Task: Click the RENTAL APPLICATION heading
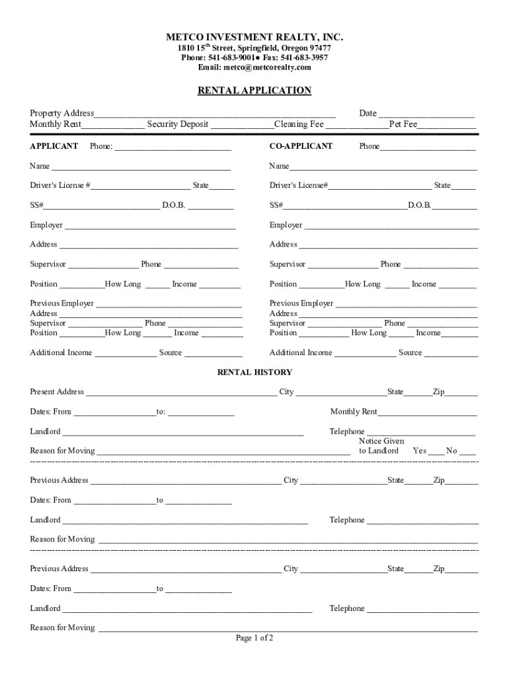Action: tap(255, 91)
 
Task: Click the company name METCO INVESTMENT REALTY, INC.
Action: tap(255, 37)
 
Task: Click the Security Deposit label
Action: tap(178, 124)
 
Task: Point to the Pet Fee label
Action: tap(403, 124)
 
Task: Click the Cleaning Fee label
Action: tap(299, 124)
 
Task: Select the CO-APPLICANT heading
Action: tap(301, 146)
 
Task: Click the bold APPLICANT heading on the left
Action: tap(54, 146)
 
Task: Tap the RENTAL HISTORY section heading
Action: tap(255, 372)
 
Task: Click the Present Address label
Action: tap(57, 392)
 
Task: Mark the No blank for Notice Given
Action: tap(467, 452)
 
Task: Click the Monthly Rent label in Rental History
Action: tap(354, 412)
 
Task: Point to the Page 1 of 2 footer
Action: tap(255, 638)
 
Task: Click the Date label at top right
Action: tap(368, 114)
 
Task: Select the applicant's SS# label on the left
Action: tap(36, 206)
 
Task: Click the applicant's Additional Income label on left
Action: tap(61, 353)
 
